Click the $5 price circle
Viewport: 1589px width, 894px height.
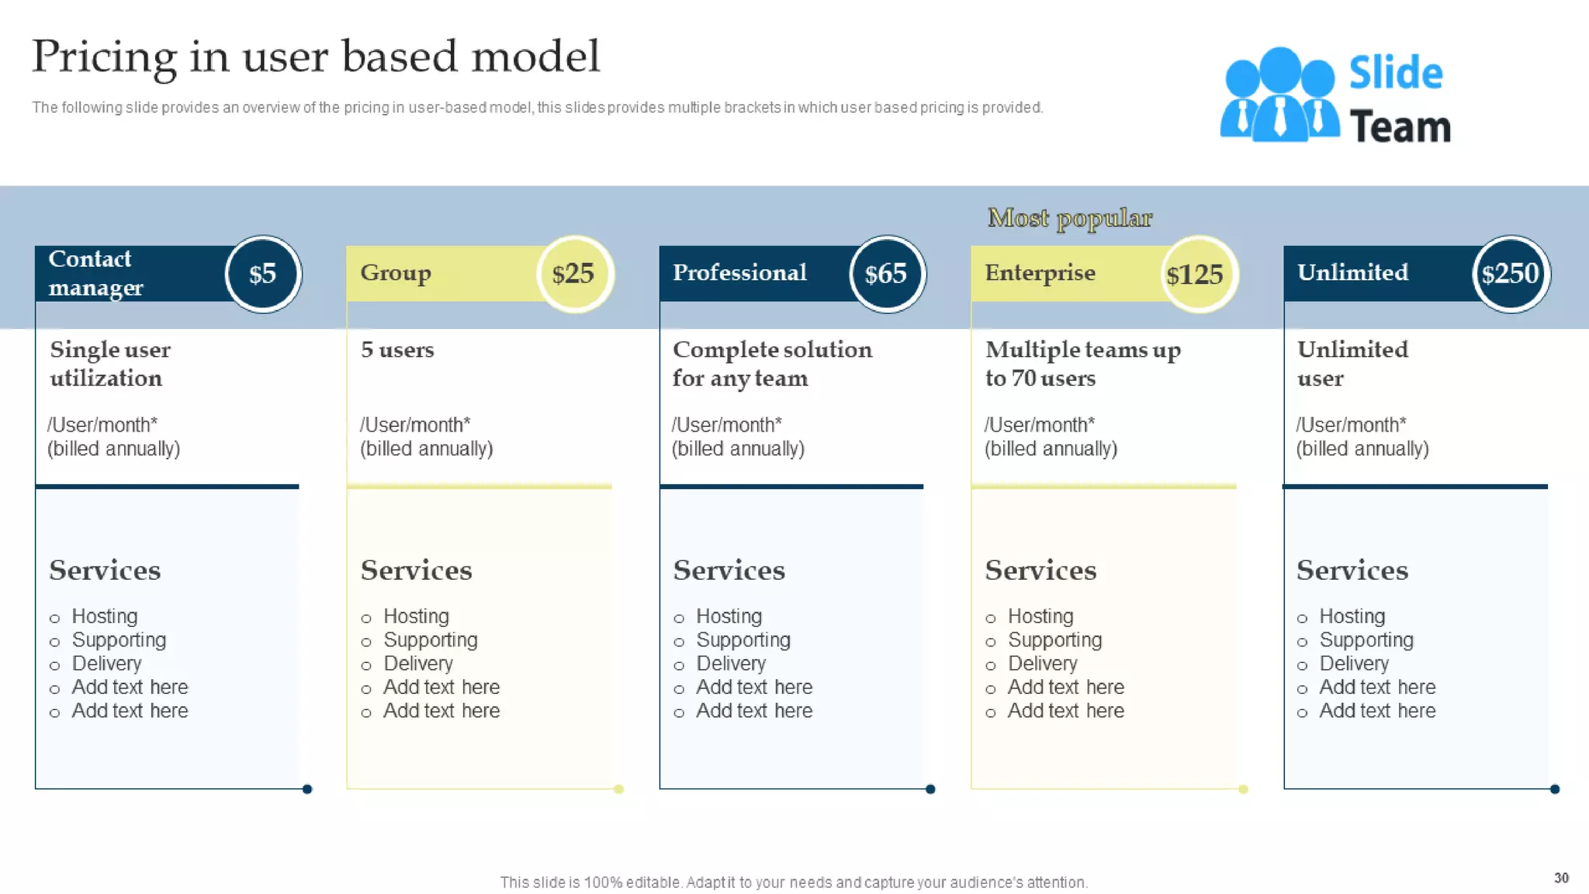(x=263, y=274)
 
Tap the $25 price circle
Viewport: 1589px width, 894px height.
(x=575, y=274)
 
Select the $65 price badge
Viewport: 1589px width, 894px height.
(x=887, y=274)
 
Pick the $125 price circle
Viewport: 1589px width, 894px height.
(x=1198, y=274)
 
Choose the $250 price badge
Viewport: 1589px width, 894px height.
(x=1511, y=274)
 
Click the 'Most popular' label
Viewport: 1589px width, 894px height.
(x=1070, y=218)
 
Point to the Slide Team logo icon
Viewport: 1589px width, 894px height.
(x=1279, y=95)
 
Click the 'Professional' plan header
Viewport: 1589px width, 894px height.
(x=739, y=272)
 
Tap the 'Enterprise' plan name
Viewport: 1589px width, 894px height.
(x=1040, y=272)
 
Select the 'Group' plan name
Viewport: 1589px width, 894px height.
(x=396, y=272)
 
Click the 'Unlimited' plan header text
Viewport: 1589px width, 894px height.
(x=1352, y=272)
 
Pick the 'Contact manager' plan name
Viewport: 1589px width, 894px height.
(x=95, y=273)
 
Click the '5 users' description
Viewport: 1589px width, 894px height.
(x=397, y=350)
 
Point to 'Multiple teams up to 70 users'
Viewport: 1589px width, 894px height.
(x=1082, y=363)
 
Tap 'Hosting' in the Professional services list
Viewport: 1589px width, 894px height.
(x=729, y=616)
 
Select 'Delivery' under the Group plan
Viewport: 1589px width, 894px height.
(x=417, y=664)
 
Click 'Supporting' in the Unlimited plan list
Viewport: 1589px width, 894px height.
(x=1366, y=640)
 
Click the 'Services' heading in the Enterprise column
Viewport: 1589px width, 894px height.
(x=1040, y=570)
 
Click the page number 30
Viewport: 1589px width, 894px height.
(x=1561, y=878)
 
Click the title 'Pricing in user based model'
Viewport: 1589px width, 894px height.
(x=316, y=57)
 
